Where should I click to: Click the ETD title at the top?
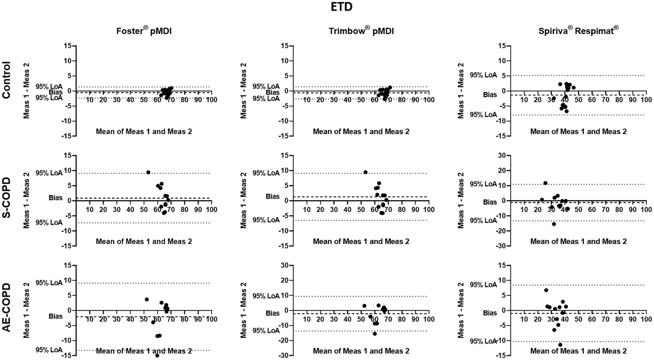341,7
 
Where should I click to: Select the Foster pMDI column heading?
144,31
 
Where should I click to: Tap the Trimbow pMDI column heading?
361,31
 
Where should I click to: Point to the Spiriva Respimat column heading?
578,30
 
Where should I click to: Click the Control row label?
6,80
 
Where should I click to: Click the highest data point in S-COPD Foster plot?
148,173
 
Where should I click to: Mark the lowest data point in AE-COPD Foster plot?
157,355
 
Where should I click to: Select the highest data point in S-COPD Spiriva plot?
545,183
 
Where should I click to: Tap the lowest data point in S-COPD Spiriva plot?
554,224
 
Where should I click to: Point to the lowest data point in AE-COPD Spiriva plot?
560,345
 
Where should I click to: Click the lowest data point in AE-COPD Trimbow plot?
375,334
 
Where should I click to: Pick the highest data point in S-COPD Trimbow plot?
366,172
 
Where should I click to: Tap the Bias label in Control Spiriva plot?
490,95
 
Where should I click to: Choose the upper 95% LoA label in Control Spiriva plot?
483,75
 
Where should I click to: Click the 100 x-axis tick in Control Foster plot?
211,100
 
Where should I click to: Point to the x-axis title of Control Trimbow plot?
361,131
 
